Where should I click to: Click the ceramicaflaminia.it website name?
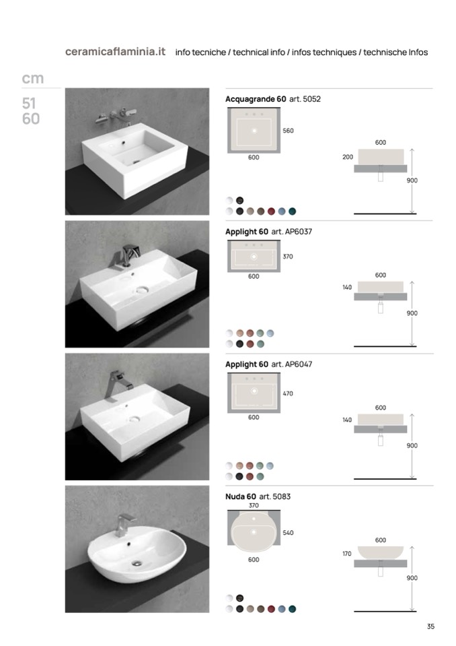(x=115, y=52)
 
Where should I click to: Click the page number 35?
(x=430, y=626)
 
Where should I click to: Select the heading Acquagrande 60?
(x=256, y=99)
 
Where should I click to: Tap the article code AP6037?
(x=299, y=232)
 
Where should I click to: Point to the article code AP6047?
(x=299, y=364)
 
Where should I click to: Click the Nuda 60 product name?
(x=241, y=497)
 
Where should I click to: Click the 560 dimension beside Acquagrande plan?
(x=288, y=131)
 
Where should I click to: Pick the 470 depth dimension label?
(x=288, y=393)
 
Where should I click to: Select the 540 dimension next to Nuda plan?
(x=288, y=533)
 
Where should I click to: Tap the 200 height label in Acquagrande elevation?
(x=348, y=157)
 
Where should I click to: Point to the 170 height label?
(x=346, y=554)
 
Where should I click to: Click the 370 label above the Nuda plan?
(x=254, y=505)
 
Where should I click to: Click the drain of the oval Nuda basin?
(x=137, y=562)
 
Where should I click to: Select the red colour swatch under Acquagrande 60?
(x=271, y=212)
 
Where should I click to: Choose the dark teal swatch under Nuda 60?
(x=293, y=609)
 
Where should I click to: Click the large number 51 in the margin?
(x=29, y=103)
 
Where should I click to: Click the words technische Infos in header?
(x=395, y=53)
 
